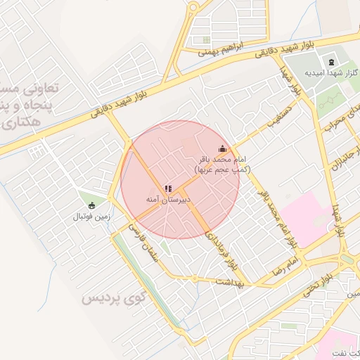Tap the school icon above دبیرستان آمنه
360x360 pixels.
[x=167, y=188]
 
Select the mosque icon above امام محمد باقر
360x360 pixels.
[x=223, y=148]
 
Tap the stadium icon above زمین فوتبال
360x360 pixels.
[x=91, y=205]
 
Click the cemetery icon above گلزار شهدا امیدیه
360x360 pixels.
[x=331, y=63]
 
